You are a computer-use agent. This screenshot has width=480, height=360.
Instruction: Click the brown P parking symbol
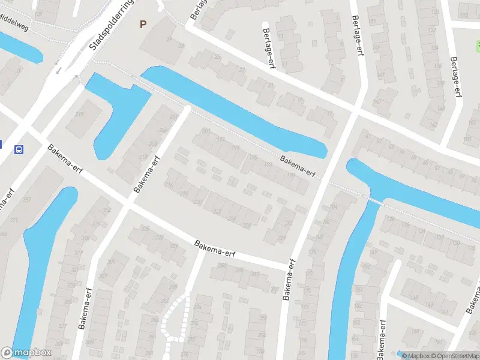(143, 25)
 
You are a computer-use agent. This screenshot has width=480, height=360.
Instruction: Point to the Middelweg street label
(15, 18)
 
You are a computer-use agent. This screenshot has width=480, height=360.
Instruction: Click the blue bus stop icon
(19, 149)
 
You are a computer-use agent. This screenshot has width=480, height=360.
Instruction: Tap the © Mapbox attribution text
(415, 356)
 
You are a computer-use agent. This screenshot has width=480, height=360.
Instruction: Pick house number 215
(79, 115)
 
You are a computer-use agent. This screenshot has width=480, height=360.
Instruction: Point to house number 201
(206, 131)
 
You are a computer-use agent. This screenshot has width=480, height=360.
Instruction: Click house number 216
(169, 186)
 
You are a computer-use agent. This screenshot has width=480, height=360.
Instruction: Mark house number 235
(145, 228)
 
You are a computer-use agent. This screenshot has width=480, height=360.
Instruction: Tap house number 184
(334, 208)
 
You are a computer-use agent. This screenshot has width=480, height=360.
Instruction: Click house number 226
(245, 226)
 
